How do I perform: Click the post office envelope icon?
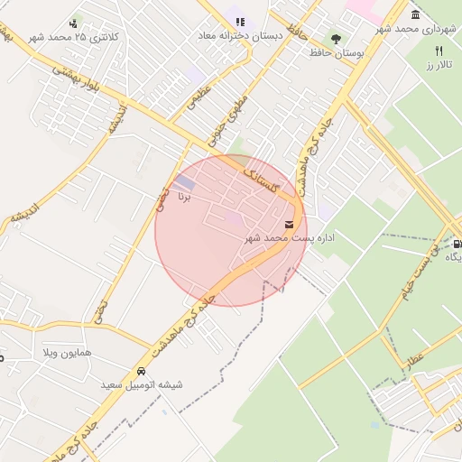pyautogui.click(x=289, y=223)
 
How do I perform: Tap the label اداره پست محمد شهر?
pyautogui.click(x=290, y=238)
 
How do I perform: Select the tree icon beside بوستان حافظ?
pyautogui.click(x=336, y=39)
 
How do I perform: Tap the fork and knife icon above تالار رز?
pyautogui.click(x=439, y=51)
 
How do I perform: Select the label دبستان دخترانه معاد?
pyautogui.click(x=241, y=36)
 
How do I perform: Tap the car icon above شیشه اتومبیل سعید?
pyautogui.click(x=141, y=371)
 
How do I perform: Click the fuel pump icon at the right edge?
pyautogui.click(x=457, y=244)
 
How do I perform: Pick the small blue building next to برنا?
pyautogui.click(x=184, y=183)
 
